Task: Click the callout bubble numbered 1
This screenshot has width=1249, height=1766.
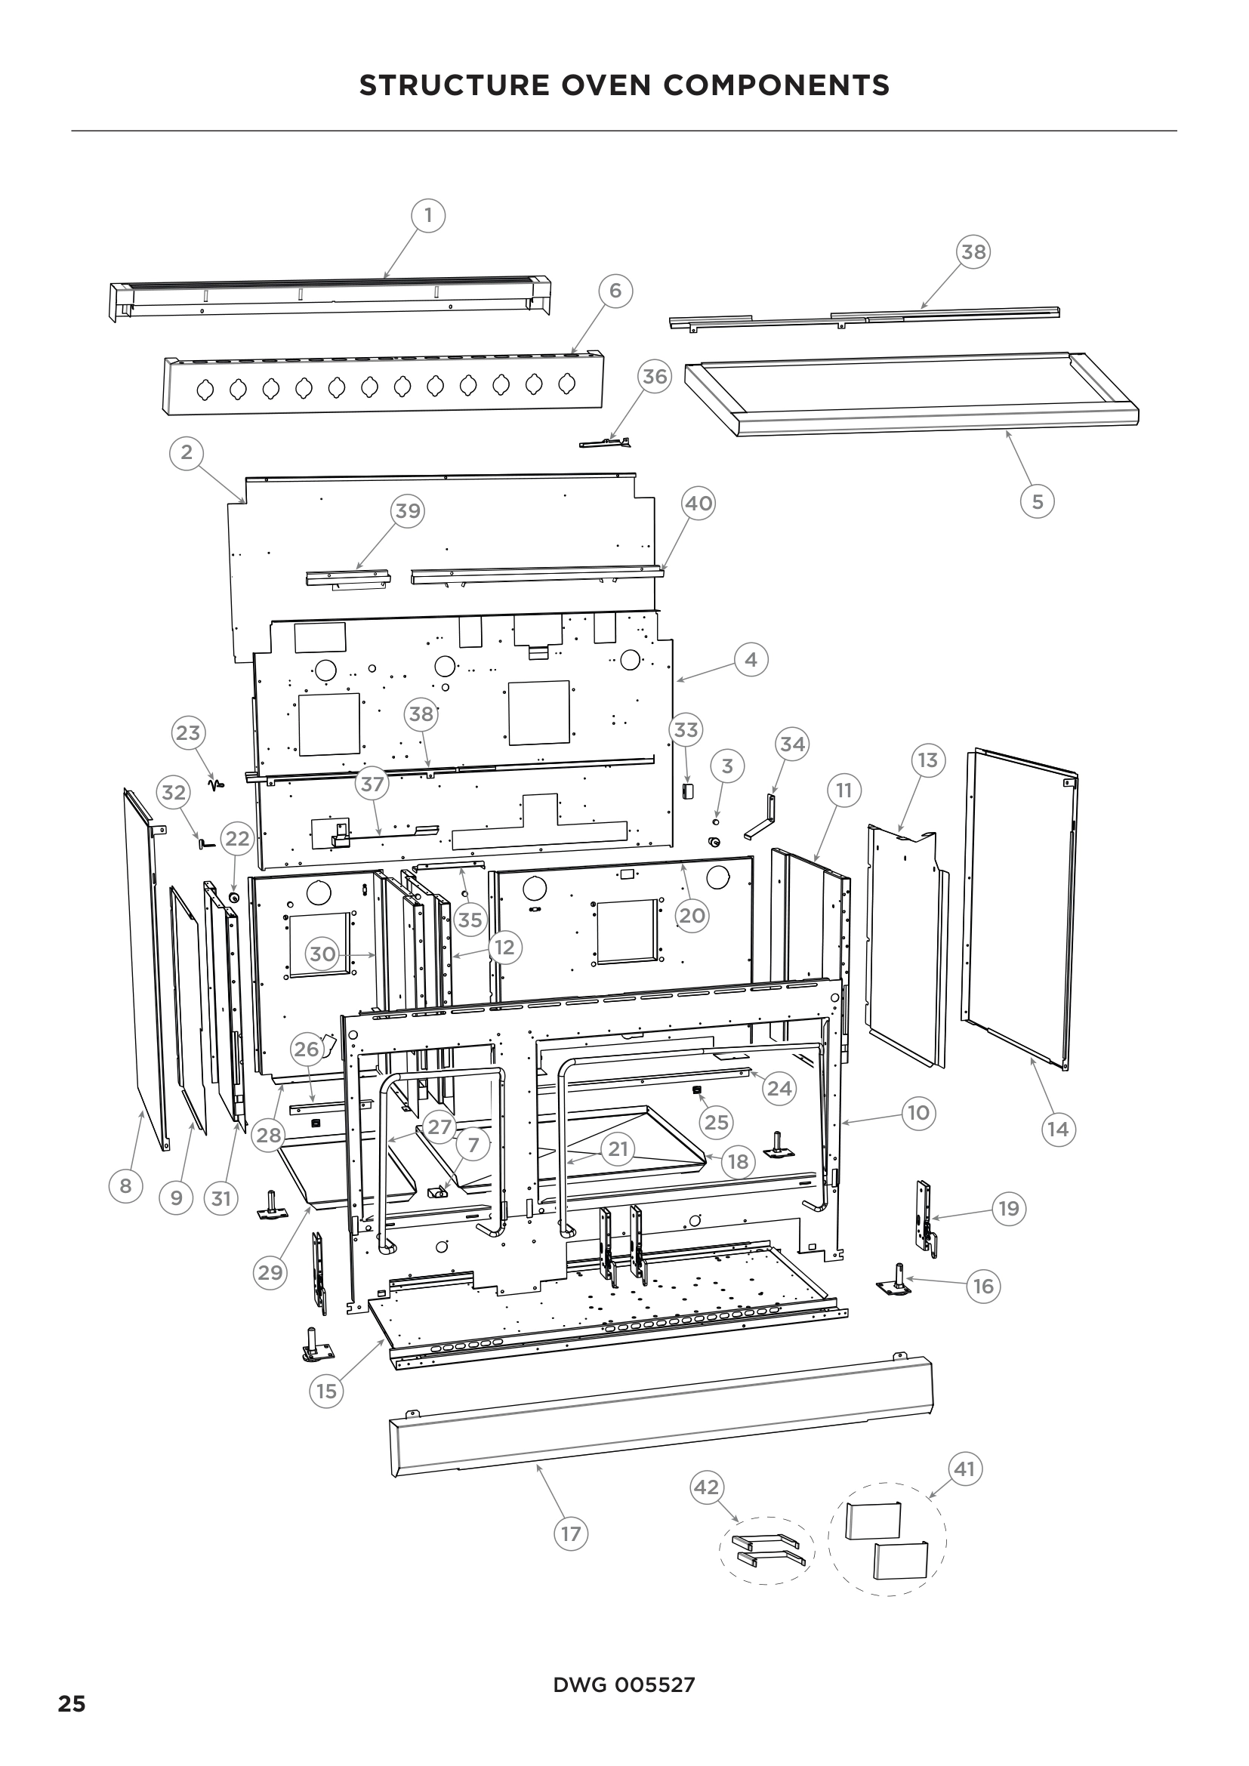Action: point(428,215)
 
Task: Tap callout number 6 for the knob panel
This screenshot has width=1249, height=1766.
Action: point(615,291)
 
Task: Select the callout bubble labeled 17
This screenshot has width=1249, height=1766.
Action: point(571,1533)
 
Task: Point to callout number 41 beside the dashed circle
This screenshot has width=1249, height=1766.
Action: point(964,1469)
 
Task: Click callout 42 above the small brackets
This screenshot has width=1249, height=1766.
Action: point(706,1487)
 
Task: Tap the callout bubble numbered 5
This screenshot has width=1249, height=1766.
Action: point(1038,501)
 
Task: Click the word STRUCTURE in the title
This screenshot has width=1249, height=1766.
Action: point(454,85)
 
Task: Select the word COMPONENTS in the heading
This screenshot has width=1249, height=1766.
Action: point(776,85)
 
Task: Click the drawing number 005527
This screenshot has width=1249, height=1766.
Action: point(655,1684)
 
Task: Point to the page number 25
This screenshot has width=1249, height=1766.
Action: point(72,1703)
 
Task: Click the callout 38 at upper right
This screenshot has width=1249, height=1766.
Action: point(973,251)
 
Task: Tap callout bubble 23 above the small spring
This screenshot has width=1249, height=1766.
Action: point(189,732)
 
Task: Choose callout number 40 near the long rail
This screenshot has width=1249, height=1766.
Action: point(699,503)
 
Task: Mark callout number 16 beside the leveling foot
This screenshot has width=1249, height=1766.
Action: point(984,1286)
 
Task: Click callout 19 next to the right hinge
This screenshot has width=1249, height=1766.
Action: point(1008,1208)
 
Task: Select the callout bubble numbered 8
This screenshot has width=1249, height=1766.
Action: point(125,1185)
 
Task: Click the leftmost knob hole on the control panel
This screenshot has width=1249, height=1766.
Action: point(205,390)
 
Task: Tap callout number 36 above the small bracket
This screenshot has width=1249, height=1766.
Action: point(655,376)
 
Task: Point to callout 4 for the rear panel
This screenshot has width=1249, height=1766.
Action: point(751,659)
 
